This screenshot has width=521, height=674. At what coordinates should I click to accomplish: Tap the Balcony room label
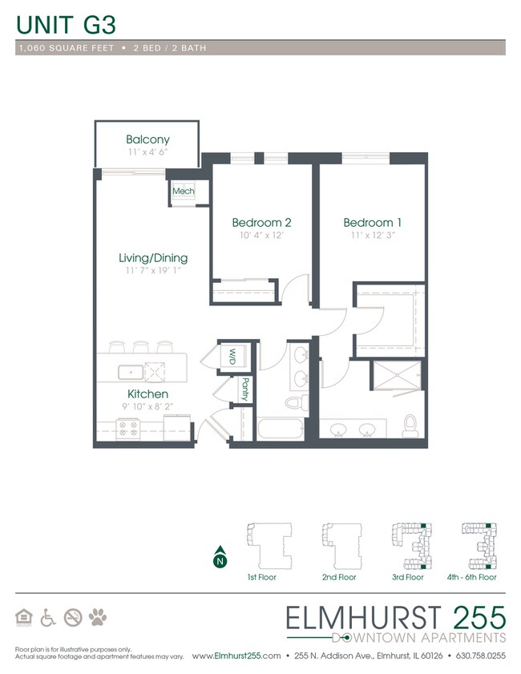pos(147,139)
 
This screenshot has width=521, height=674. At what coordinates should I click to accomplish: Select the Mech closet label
pos(184,192)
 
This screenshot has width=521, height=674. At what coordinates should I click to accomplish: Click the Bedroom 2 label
pos(260,222)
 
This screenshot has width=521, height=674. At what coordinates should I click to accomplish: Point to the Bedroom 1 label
pos(368,222)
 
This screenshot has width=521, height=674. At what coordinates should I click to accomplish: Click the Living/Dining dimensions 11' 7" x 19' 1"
pos(152,271)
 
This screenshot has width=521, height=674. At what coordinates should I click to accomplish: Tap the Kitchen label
pos(147,394)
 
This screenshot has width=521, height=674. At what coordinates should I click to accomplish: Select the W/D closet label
pos(232,355)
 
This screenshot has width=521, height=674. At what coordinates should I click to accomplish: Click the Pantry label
pos(244,389)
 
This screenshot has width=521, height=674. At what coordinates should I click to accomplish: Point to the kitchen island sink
pos(130,372)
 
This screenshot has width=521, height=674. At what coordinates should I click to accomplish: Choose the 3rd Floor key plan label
pos(407,577)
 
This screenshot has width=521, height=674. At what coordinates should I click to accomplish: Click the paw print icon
pos(98,617)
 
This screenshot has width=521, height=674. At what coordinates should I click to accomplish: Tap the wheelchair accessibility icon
pos(48,617)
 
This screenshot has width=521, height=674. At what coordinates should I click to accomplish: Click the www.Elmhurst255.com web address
pos(236,656)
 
